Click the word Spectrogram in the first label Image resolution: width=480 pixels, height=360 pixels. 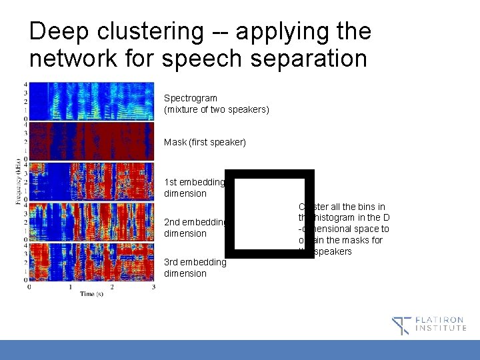click(191, 98)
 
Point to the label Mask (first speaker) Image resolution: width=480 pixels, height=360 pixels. click(205, 142)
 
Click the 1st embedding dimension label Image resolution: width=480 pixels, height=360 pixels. click(195, 188)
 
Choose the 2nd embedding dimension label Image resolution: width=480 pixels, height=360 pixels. click(195, 228)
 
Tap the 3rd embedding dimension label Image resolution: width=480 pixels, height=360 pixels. click(195, 268)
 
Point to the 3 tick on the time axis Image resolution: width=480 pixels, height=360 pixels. click(153, 287)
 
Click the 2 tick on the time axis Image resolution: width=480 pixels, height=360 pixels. click(112, 287)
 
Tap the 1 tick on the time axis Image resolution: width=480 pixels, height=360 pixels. click(70, 287)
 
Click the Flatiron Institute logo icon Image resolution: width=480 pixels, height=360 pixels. click(401, 325)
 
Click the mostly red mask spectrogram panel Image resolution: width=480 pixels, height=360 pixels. click(91, 141)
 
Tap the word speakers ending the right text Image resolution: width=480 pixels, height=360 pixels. click(333, 251)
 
